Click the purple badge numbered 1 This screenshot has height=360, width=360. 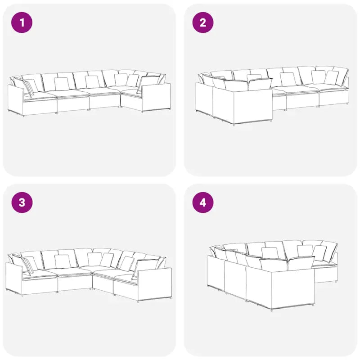pyautogui.click(x=22, y=22)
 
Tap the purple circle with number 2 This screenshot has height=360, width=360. pyautogui.click(x=203, y=22)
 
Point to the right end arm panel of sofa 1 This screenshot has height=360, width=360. pyautogui.click(x=156, y=98)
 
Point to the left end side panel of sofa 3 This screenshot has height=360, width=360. pyautogui.click(x=14, y=279)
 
